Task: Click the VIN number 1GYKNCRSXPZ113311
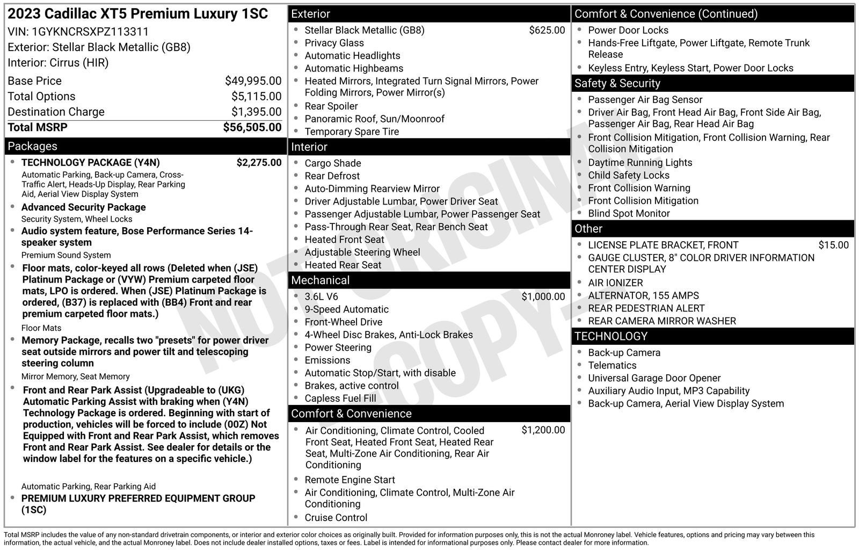[x=90, y=32]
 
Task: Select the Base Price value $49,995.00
[x=253, y=81]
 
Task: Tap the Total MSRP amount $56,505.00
[x=252, y=127]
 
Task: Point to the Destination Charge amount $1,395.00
[x=256, y=112]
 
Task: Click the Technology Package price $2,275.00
[x=259, y=163]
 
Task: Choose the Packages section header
[x=33, y=146]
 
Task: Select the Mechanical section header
[x=320, y=280]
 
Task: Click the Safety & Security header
[x=617, y=83]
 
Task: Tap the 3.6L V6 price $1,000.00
[x=543, y=296]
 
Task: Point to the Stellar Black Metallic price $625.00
[x=547, y=31]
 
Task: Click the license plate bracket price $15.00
[x=833, y=245]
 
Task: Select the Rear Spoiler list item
[x=331, y=106]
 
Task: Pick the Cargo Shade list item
[x=332, y=163]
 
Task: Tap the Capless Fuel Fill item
[x=340, y=399]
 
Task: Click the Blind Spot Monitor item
[x=628, y=214]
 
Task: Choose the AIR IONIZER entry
[x=615, y=283]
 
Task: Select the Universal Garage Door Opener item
[x=654, y=378]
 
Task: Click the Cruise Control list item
[x=336, y=518]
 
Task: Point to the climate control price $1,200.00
[x=543, y=430]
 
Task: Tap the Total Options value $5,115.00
[x=256, y=97]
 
